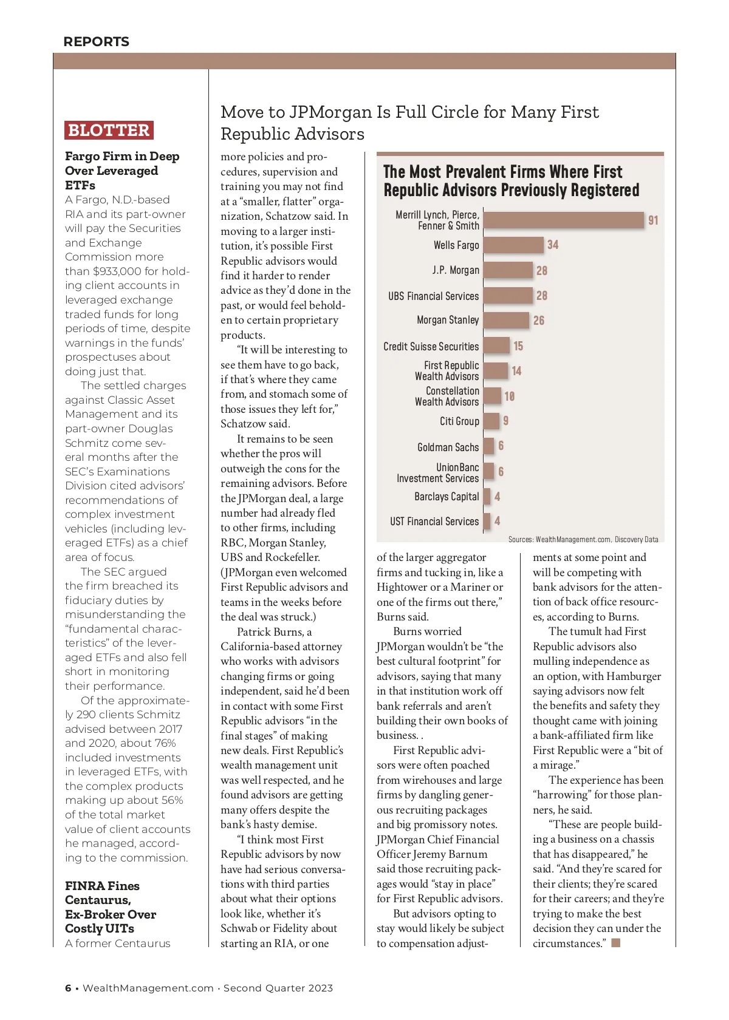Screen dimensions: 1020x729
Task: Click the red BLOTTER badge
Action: [x=109, y=130]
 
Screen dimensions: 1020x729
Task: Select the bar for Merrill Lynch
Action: [x=563, y=220]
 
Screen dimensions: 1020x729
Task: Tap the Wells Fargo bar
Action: [x=513, y=245]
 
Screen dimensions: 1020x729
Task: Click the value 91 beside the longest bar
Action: [x=653, y=220]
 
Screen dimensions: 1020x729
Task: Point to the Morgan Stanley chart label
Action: [x=448, y=320]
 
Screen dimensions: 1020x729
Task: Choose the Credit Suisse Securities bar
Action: [x=496, y=345]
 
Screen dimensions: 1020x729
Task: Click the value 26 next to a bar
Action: [x=539, y=321]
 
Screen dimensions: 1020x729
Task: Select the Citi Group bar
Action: [x=491, y=421]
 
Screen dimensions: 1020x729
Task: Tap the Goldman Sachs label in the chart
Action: [x=448, y=447]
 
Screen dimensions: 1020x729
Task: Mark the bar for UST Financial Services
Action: [x=487, y=521]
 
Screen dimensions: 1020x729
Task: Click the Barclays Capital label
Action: [x=447, y=497]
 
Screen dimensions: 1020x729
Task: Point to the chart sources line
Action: [x=583, y=539]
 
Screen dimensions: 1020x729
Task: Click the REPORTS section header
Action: [x=96, y=42]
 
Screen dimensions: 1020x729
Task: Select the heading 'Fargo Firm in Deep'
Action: [x=122, y=157]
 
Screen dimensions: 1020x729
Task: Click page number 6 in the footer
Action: [x=68, y=988]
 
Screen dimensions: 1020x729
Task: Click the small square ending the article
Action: [x=616, y=943]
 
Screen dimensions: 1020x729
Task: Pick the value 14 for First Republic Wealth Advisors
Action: [x=516, y=371]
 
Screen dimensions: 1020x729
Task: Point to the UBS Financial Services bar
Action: [x=508, y=296]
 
